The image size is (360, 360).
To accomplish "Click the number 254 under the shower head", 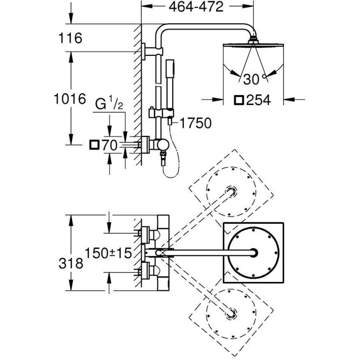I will (x=258, y=100).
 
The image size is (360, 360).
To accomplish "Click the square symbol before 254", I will (x=239, y=100).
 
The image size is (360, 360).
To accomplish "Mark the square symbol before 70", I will (x=94, y=145).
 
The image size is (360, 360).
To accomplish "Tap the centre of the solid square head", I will (x=254, y=253).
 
